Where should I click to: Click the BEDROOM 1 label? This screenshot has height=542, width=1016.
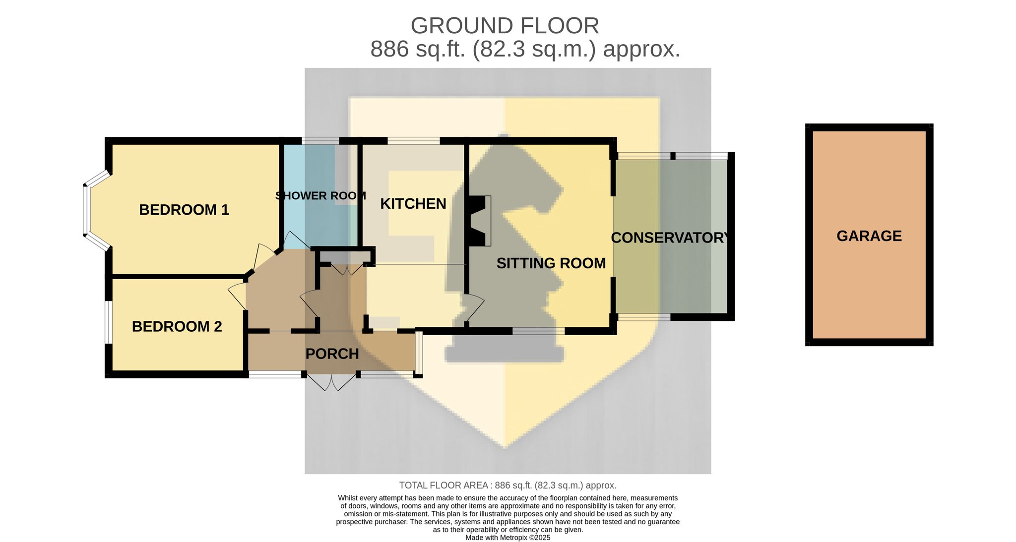pos(184,210)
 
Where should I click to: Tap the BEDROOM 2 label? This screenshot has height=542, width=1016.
pos(177,326)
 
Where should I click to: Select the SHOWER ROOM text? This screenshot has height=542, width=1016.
pos(321,196)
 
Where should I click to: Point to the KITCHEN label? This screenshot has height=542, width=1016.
pos(413,204)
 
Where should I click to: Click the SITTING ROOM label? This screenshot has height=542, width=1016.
pos(551,263)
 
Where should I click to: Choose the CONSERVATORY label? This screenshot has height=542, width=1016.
pos(670,238)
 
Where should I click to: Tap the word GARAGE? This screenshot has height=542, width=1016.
pos(869,236)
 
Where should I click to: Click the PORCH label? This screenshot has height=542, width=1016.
pos(332,354)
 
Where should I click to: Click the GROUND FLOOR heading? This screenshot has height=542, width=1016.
pos(505,26)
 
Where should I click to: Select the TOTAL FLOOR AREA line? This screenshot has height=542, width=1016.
pos(508,485)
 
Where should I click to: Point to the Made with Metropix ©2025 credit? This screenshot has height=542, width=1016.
pos(508,538)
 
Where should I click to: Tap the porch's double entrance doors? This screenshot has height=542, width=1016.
pos(331,382)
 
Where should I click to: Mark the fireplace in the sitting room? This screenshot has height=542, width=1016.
pos(479,221)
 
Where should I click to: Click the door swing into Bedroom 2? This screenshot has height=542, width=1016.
pos(237,297)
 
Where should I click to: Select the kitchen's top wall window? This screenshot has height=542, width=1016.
pos(413,141)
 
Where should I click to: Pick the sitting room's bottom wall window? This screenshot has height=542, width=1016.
pos(538,331)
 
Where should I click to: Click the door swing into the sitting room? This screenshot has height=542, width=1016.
pos(474,308)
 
